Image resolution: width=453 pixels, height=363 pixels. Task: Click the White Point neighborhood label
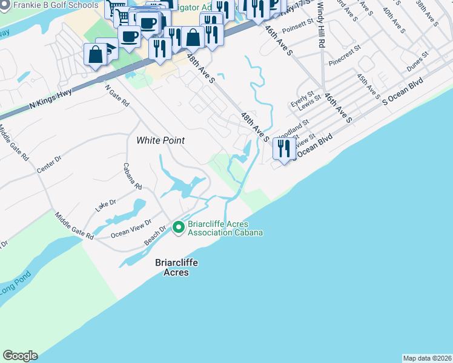coord(160,140)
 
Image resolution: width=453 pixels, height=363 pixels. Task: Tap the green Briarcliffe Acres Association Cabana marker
coord(178,227)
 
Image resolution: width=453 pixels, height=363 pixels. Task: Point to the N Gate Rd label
coord(117,96)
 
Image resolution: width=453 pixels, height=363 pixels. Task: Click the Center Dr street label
coord(50,163)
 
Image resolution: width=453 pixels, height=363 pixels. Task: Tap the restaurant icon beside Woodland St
coord(284,148)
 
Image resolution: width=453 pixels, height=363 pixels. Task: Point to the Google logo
coord(20,356)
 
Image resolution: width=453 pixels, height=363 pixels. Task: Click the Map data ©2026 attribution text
coord(427,358)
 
